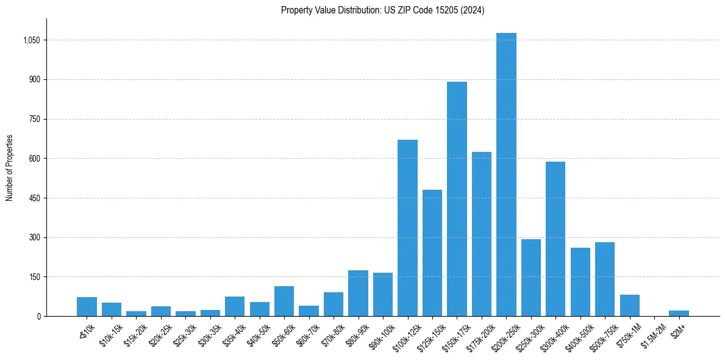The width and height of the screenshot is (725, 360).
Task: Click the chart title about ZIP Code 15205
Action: coord(382,10)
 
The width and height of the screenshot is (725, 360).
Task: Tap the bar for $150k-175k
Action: coord(457,199)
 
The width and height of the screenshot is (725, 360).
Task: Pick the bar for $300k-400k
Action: coord(555,239)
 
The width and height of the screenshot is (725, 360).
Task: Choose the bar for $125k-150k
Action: coord(432,253)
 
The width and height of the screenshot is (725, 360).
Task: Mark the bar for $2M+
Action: coord(679,313)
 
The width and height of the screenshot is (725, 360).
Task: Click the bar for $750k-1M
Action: coord(629,305)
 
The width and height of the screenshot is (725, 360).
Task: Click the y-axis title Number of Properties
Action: coord(10,168)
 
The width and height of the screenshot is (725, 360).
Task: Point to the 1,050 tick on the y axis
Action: coord(31,40)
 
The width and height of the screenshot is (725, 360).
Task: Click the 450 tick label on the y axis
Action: coord(34,198)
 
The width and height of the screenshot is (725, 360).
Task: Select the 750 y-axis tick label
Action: coord(34,119)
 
